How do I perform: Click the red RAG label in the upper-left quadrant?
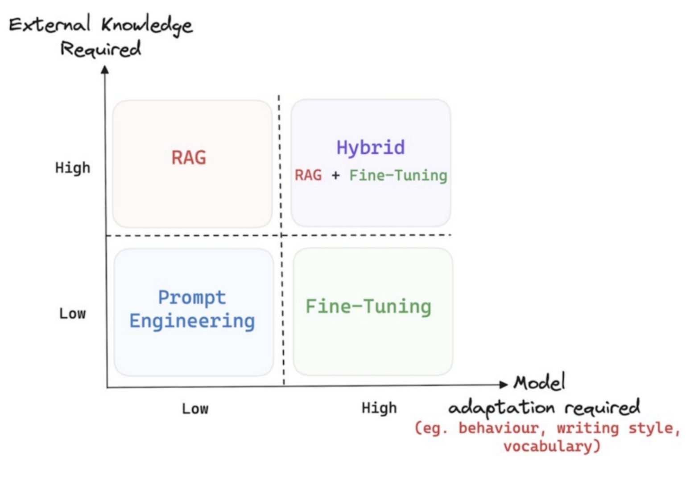(x=189, y=157)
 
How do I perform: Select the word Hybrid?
(x=371, y=148)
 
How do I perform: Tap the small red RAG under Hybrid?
(x=308, y=175)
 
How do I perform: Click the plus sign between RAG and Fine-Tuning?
(x=335, y=176)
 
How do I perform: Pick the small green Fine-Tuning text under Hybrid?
(x=398, y=176)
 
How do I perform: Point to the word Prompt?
(x=192, y=298)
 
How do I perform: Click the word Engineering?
(x=192, y=321)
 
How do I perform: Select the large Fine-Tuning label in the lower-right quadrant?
(x=368, y=307)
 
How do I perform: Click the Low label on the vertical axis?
(x=73, y=314)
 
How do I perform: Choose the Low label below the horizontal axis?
(x=195, y=409)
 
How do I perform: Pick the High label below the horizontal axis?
(x=379, y=408)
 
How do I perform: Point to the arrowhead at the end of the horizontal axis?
(x=504, y=385)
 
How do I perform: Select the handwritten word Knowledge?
(x=147, y=25)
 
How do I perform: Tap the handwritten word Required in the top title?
(x=101, y=49)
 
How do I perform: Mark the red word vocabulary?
(x=552, y=446)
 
